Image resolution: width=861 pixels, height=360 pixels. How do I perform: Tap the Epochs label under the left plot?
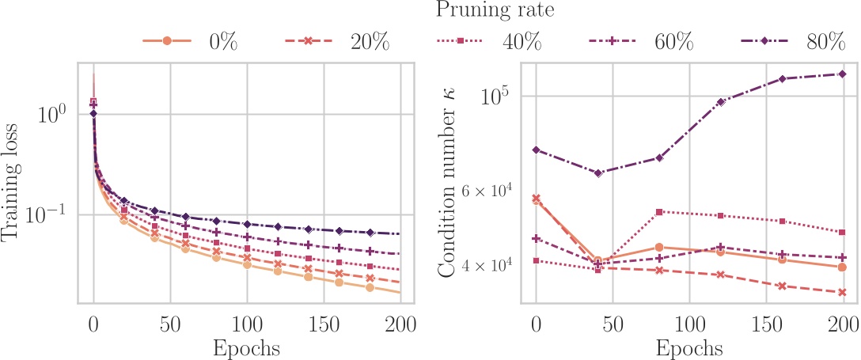click(x=246, y=347)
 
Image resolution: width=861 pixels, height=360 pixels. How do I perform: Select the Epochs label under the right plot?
click(x=688, y=347)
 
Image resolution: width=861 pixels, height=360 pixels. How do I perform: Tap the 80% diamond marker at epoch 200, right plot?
click(x=842, y=74)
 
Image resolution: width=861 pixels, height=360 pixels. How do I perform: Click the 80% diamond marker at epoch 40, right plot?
click(x=597, y=172)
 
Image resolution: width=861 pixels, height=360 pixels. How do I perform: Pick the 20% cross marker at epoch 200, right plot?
click(x=842, y=293)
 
